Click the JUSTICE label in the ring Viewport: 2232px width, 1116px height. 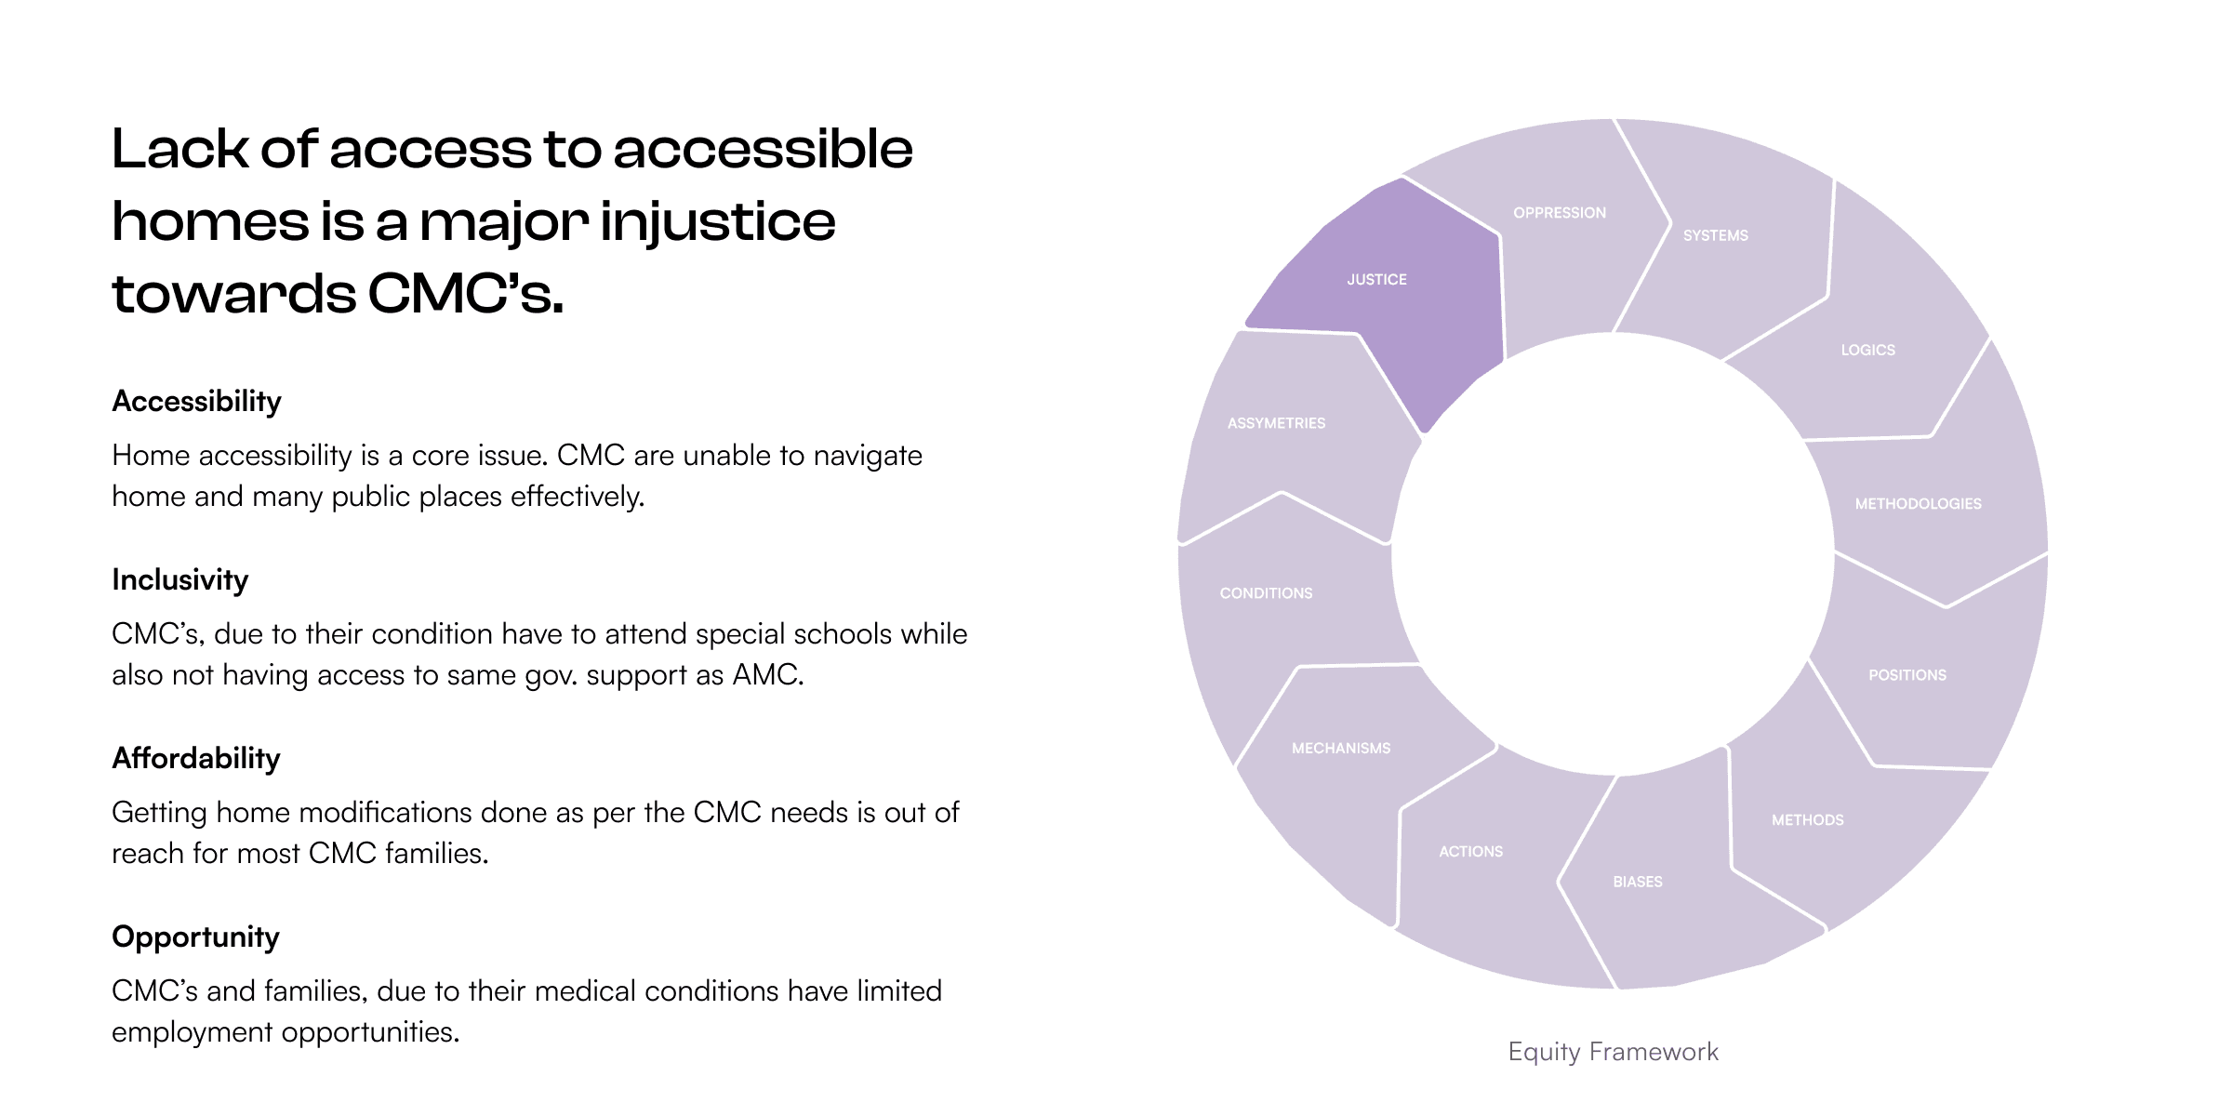(1376, 280)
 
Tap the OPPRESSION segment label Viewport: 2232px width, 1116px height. (1559, 213)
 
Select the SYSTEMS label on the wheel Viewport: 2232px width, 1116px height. (1715, 236)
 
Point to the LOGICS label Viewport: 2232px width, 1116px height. (1867, 351)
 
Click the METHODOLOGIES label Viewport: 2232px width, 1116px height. (1918, 504)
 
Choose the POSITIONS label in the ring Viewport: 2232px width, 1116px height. (1906, 675)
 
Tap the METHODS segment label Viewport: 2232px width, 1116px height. (1807, 820)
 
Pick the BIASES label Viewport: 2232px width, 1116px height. (1637, 882)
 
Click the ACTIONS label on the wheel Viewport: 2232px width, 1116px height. (1470, 852)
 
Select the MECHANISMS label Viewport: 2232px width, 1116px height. (1341, 749)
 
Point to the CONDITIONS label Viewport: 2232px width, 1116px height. (1266, 593)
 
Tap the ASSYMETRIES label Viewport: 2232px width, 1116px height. (1276, 424)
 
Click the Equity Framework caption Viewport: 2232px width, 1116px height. (1613, 1052)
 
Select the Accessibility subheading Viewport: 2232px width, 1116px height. (196, 402)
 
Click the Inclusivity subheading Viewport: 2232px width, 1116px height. (179, 580)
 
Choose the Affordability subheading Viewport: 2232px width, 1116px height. (195, 759)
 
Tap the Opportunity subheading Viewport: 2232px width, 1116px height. (195, 937)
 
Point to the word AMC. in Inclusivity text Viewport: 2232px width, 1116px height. (768, 675)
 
